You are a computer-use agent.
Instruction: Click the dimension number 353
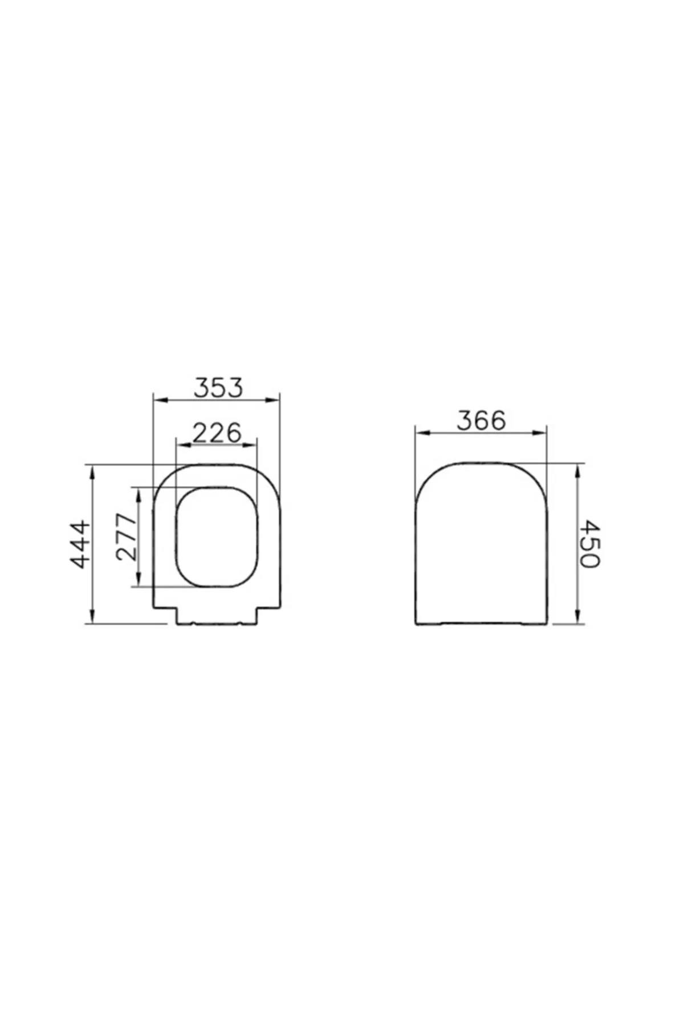[218, 388]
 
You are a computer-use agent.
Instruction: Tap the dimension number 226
[217, 433]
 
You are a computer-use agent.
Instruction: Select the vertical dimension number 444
[80, 544]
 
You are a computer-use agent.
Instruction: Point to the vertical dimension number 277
[127, 536]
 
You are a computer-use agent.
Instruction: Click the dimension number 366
[481, 421]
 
